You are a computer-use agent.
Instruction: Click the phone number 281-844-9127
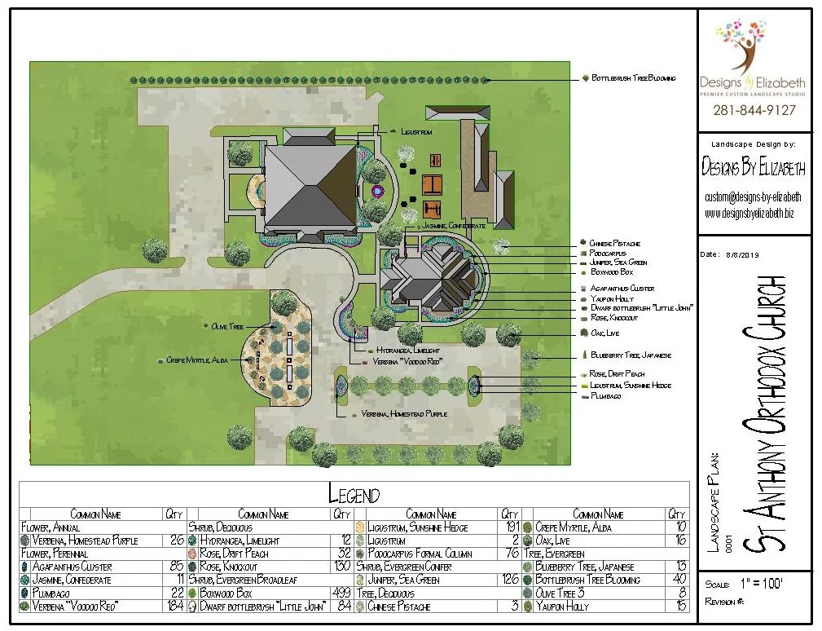[754, 110]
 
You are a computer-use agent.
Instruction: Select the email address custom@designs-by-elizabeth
[754, 197]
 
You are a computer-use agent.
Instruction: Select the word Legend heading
[354, 494]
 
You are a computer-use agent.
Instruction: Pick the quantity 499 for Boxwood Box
[341, 593]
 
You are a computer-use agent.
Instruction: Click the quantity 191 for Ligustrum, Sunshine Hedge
[509, 527]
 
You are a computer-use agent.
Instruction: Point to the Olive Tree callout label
[227, 326]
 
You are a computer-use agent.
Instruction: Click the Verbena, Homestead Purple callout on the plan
[404, 414]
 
